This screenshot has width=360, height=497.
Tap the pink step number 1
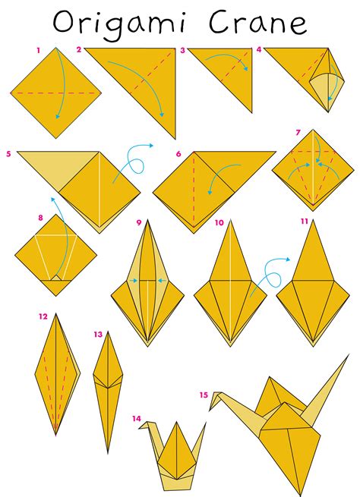(38, 50)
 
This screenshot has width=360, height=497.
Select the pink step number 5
(8, 153)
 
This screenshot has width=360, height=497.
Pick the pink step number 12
(43, 316)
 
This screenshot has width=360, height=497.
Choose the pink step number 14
(135, 417)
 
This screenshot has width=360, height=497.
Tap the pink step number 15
(204, 395)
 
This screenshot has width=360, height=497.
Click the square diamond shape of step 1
(58, 93)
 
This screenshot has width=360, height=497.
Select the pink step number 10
(219, 223)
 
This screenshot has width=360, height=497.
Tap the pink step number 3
(182, 50)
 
